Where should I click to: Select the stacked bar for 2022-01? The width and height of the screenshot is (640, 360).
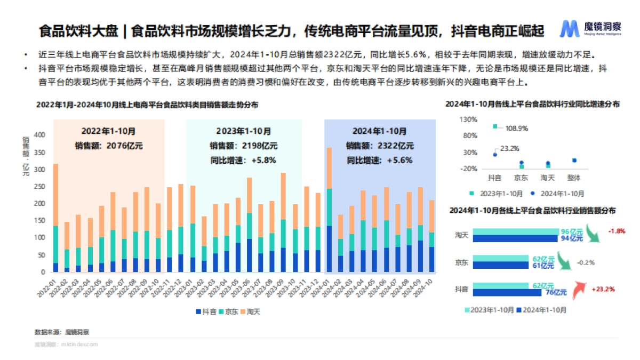click(x=55, y=219)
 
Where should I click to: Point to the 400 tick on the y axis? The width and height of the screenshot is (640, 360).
click(x=40, y=135)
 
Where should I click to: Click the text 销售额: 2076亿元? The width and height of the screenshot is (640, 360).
click(x=109, y=145)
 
